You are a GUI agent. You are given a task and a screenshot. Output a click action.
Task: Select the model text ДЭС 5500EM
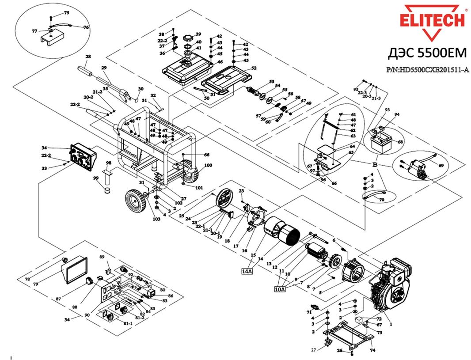point(427,53)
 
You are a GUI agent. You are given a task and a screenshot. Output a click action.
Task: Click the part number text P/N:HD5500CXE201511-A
point(427,70)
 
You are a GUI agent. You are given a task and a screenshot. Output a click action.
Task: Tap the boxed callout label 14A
point(247,271)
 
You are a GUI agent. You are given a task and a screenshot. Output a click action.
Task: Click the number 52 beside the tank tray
point(254,68)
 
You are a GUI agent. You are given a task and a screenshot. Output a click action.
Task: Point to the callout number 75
point(67,12)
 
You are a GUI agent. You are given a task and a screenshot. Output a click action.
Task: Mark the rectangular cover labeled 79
point(74,270)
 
